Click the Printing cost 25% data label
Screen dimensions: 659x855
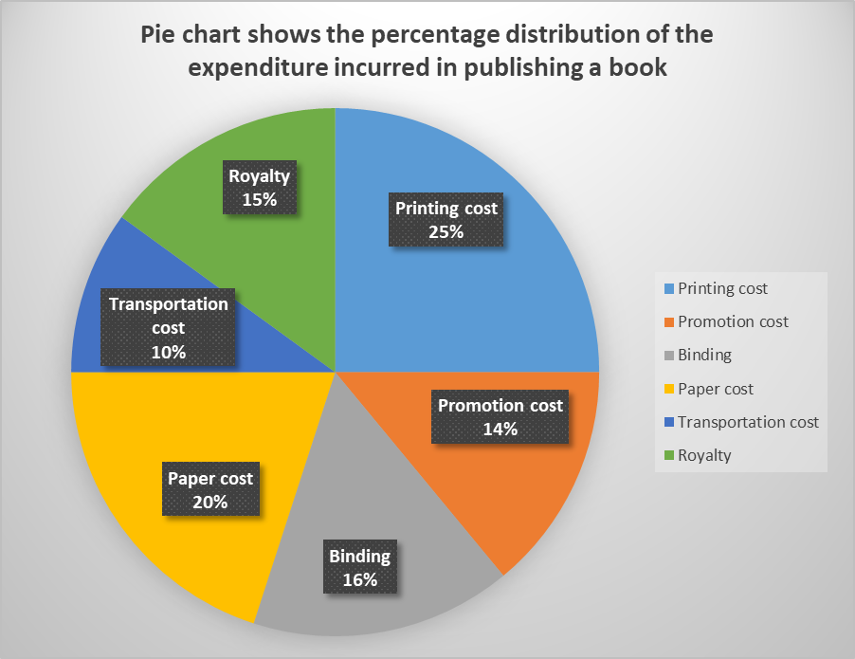pyautogui.click(x=446, y=220)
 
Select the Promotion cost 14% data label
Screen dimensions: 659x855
pyautogui.click(x=500, y=417)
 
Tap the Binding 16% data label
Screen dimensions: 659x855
pyautogui.click(x=359, y=567)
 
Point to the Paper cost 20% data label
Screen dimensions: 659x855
pyautogui.click(x=210, y=489)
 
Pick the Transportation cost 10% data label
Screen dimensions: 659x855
pyautogui.click(x=169, y=327)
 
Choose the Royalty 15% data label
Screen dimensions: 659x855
pyautogui.click(x=259, y=188)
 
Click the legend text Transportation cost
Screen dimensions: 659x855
pyautogui.click(x=748, y=422)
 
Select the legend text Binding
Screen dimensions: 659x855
pyautogui.click(x=704, y=356)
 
